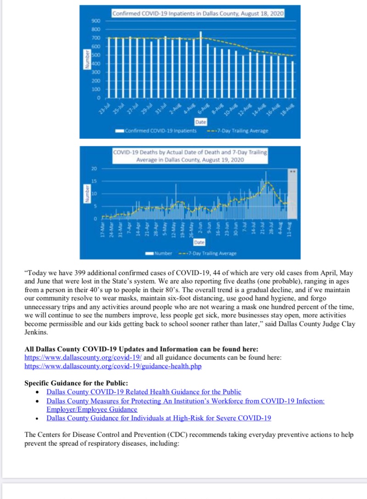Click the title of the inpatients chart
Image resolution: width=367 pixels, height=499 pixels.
click(x=198, y=14)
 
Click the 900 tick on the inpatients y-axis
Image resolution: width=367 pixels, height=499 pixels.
click(x=97, y=21)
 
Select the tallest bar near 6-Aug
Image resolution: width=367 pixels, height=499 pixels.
click(x=200, y=64)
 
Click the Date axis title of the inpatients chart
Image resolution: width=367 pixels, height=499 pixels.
click(x=200, y=122)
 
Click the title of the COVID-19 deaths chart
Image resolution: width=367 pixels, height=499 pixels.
click(x=190, y=156)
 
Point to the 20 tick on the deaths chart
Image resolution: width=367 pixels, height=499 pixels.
click(x=95, y=169)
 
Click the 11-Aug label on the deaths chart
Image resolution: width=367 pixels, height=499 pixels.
click(x=289, y=228)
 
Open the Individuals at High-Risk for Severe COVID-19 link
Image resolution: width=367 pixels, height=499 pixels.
click(x=159, y=418)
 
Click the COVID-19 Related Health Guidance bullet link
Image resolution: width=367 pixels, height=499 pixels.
click(x=144, y=392)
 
